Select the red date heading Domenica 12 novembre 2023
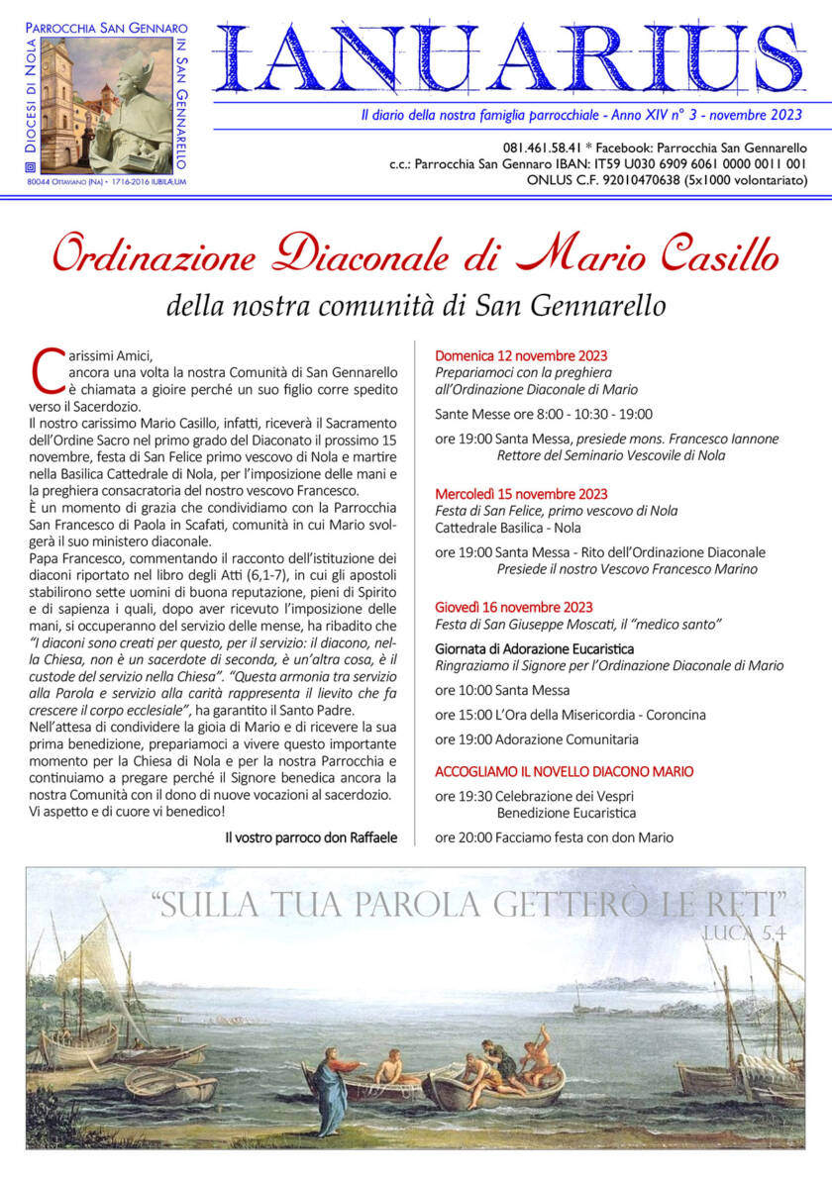tap(521, 355)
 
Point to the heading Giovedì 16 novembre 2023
tap(514, 607)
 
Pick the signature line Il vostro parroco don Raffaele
tap(311, 837)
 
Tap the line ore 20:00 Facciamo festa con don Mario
tap(554, 837)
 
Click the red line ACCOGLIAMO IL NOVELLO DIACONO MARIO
tap(565, 771)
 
